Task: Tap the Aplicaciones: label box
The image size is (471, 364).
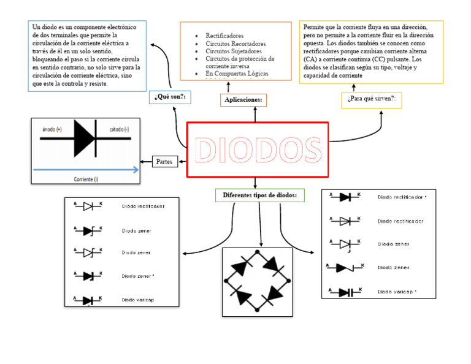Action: click(x=243, y=100)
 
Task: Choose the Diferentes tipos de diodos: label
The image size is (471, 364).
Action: click(x=259, y=195)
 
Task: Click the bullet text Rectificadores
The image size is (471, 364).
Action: click(x=224, y=36)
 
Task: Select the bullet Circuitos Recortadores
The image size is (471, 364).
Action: click(x=235, y=44)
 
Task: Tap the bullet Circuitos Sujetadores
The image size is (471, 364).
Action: click(x=234, y=51)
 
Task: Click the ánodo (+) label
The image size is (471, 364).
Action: click(x=52, y=130)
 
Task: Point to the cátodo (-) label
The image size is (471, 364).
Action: click(x=119, y=130)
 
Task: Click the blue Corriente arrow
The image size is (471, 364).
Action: click(x=86, y=170)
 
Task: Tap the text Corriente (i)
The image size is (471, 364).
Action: click(x=86, y=178)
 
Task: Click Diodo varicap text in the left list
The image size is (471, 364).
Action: click(x=137, y=300)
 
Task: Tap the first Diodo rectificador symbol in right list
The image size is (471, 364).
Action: click(x=345, y=197)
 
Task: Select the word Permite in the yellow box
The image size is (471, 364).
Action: click(x=315, y=28)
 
